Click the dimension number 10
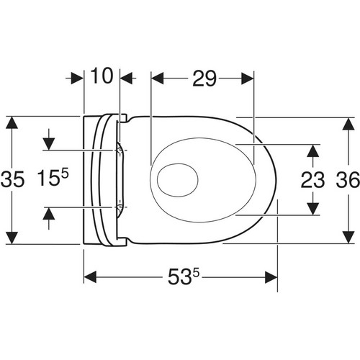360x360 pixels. pyautogui.click(x=102, y=76)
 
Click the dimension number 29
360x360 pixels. pyautogui.click(x=204, y=78)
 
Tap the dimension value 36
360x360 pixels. pyautogui.click(x=348, y=179)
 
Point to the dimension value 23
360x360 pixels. pyautogui.click(x=312, y=180)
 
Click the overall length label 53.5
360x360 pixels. pyautogui.click(x=184, y=276)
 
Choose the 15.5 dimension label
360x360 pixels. pyautogui.click(x=53, y=177)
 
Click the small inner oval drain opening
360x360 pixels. pyautogui.click(x=178, y=180)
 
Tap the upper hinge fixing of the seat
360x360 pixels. pyautogui.click(x=120, y=150)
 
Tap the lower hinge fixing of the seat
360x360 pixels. pyautogui.click(x=120, y=207)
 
